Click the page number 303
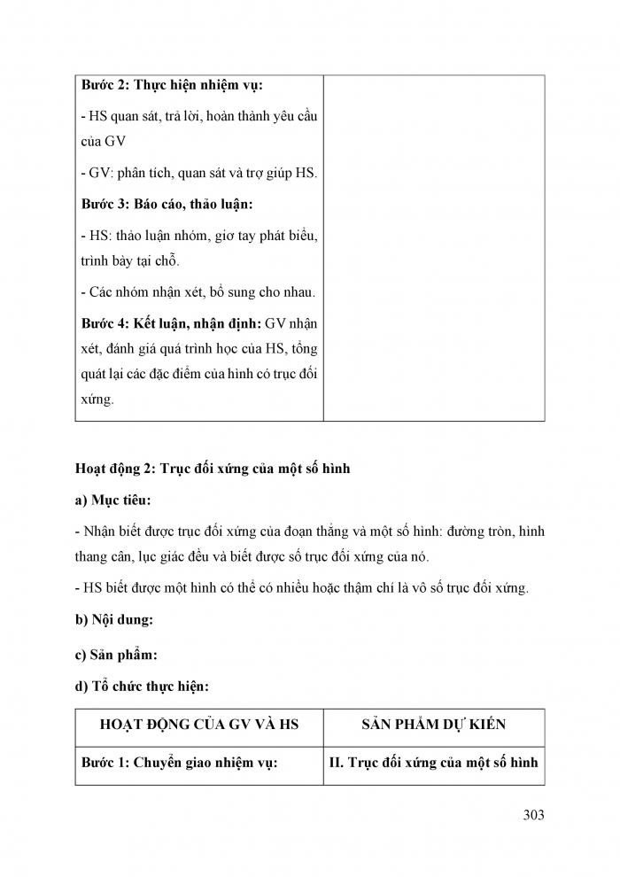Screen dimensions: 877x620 tap(532, 814)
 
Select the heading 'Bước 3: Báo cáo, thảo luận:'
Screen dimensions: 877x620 tap(167, 204)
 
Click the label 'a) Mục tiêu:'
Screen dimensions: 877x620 tap(113, 501)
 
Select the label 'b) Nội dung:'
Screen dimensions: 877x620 tap(114, 620)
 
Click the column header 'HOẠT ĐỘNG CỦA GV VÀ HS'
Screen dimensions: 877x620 tap(199, 725)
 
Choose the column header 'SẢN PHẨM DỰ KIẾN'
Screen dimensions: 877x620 tap(434, 725)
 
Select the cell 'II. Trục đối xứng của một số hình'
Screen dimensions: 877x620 tap(433, 763)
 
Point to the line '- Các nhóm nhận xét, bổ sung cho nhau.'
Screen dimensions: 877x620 tap(198, 291)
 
